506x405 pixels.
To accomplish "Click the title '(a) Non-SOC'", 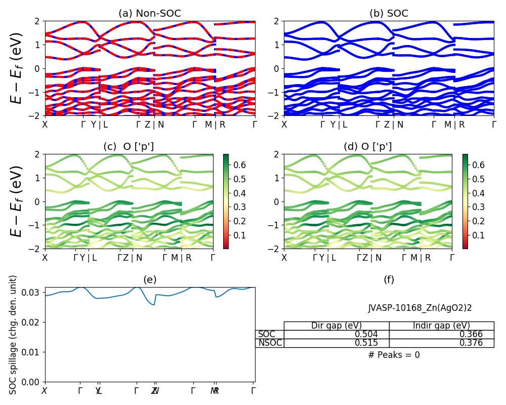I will (150, 14).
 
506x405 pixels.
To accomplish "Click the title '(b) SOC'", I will (389, 14).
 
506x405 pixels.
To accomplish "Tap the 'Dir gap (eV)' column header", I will (336, 326).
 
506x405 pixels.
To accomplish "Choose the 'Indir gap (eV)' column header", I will (441, 326).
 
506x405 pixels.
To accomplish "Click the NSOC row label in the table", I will (270, 343).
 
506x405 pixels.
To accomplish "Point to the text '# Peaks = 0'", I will (394, 355).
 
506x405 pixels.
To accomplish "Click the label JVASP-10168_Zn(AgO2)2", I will (420, 307).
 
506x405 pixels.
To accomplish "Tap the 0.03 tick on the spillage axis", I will (34, 292).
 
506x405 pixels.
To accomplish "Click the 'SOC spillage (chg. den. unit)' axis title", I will (14, 334).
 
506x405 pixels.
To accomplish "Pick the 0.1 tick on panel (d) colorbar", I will (479, 235).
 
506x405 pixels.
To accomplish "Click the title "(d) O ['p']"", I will (368, 147).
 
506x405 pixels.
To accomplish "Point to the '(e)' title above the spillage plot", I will (150, 279).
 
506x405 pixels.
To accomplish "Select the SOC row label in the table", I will (267, 334).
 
